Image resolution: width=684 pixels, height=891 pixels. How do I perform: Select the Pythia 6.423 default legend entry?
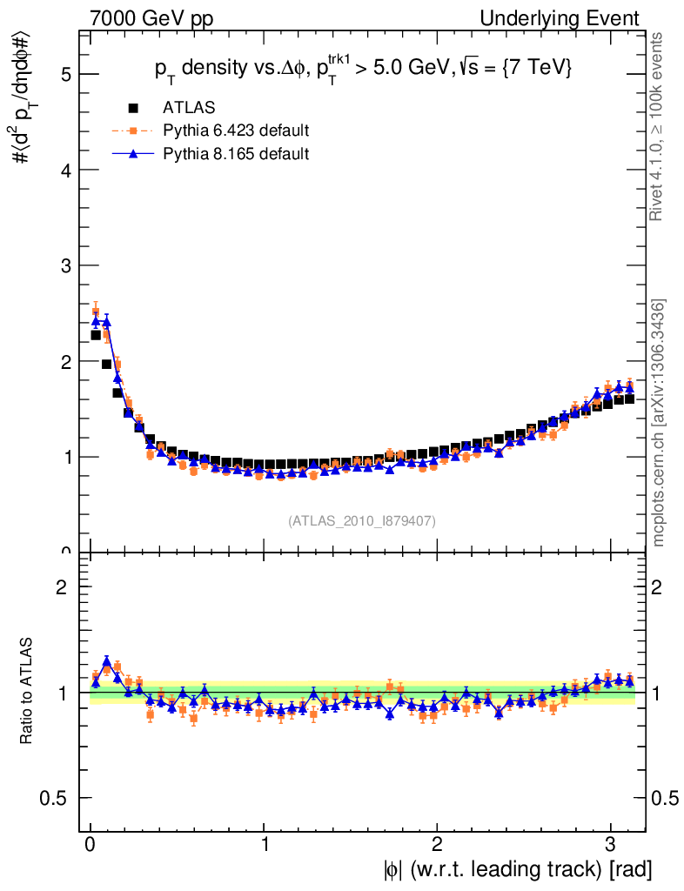pyautogui.click(x=236, y=131)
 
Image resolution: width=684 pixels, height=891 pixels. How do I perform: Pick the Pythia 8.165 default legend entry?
pyautogui.click(x=236, y=154)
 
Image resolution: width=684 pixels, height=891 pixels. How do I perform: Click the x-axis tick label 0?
pyautogui.click(x=90, y=845)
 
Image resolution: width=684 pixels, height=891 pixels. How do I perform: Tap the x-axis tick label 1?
pyautogui.click(x=264, y=845)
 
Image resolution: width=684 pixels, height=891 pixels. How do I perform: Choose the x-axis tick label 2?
pyautogui.click(x=437, y=845)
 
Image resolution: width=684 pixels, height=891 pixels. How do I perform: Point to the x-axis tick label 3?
pyautogui.click(x=610, y=845)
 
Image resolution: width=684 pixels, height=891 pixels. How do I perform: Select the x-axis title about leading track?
pyautogui.click(x=516, y=869)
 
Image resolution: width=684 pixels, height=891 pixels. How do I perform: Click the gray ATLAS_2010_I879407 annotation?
pyautogui.click(x=362, y=521)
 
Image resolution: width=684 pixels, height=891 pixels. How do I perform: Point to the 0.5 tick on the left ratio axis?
pyautogui.click(x=57, y=798)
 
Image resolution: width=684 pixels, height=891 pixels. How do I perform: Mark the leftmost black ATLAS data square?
pyautogui.click(x=96, y=335)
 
